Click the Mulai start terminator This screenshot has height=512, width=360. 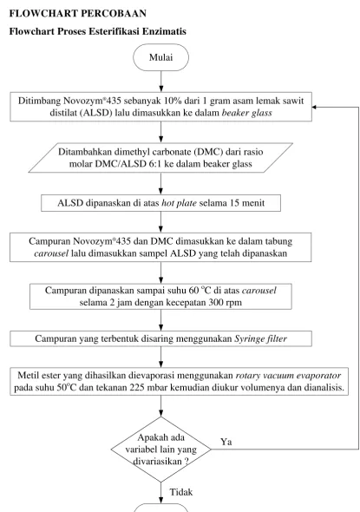160,57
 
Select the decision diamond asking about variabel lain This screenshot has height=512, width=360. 160,450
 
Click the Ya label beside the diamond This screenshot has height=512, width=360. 226,442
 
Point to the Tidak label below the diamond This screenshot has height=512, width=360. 181,492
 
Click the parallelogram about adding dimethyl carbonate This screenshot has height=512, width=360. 160,158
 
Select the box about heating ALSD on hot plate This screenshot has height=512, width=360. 160,203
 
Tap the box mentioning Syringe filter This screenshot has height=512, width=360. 160,338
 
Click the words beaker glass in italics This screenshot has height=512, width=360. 246,113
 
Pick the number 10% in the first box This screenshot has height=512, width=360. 173,101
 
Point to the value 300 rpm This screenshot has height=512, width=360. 226,302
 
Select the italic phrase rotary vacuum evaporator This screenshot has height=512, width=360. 288,376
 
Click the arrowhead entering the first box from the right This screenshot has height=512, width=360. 314,107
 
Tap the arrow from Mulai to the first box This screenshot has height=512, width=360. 160,82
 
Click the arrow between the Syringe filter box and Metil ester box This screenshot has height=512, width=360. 160,357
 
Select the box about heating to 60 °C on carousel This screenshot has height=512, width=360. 160,297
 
